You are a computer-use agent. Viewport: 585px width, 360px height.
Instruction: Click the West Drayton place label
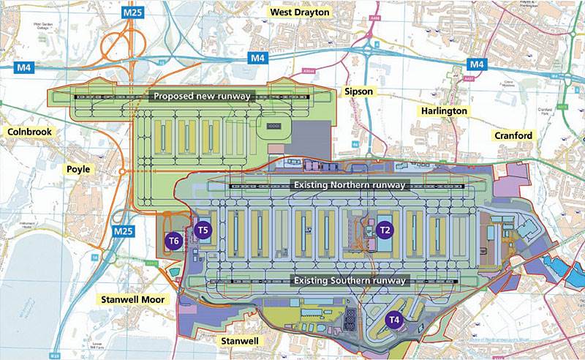(x=300, y=12)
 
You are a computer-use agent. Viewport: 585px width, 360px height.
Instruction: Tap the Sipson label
(x=358, y=92)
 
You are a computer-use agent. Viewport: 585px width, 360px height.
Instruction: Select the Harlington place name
(x=442, y=110)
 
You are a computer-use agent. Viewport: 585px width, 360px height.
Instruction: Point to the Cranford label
(x=513, y=135)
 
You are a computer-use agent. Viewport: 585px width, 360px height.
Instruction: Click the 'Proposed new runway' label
(x=201, y=96)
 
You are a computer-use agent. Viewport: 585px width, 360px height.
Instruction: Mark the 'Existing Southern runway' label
(x=350, y=280)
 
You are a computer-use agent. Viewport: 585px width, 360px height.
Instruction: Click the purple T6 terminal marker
(x=173, y=240)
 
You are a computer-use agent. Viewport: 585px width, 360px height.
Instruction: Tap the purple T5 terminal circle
(x=204, y=230)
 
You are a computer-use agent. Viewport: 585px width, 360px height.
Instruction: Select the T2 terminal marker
(x=386, y=230)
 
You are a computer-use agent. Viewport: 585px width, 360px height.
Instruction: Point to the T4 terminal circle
(x=394, y=319)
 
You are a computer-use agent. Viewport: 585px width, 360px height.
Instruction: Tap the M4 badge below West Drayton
(x=257, y=58)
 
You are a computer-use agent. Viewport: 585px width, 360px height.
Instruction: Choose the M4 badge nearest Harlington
(x=477, y=64)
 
